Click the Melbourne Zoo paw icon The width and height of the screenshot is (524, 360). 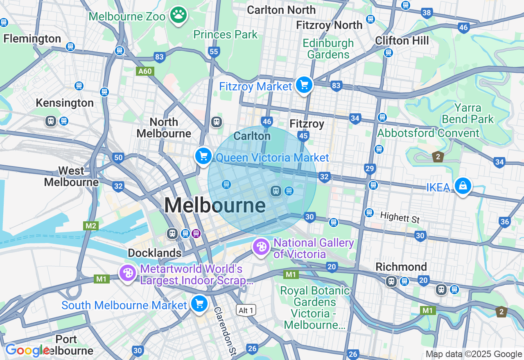click(178, 15)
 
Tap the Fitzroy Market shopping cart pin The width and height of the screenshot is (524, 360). click(304, 85)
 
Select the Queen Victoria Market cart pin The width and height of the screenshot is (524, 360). click(203, 156)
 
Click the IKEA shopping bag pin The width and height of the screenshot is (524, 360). click(463, 186)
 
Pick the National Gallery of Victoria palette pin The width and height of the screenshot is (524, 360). click(261, 247)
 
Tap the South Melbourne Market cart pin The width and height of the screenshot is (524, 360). click(199, 304)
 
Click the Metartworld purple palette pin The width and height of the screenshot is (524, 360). click(128, 273)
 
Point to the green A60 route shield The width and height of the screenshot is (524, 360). click(145, 71)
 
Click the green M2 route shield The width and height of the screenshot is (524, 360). click(90, 226)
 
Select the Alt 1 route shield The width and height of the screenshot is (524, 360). click(246, 310)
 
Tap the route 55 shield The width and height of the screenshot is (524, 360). click(214, 52)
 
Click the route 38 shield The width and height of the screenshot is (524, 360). click(427, 13)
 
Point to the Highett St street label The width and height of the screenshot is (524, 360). click(400, 217)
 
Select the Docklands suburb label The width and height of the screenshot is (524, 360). click(155, 253)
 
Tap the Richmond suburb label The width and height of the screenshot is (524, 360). click(401, 267)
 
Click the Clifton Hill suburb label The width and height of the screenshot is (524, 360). click(402, 40)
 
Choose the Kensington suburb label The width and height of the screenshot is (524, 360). click(65, 103)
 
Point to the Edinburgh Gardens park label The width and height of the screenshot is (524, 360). click(328, 49)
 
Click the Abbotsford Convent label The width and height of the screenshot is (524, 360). click(428, 133)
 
